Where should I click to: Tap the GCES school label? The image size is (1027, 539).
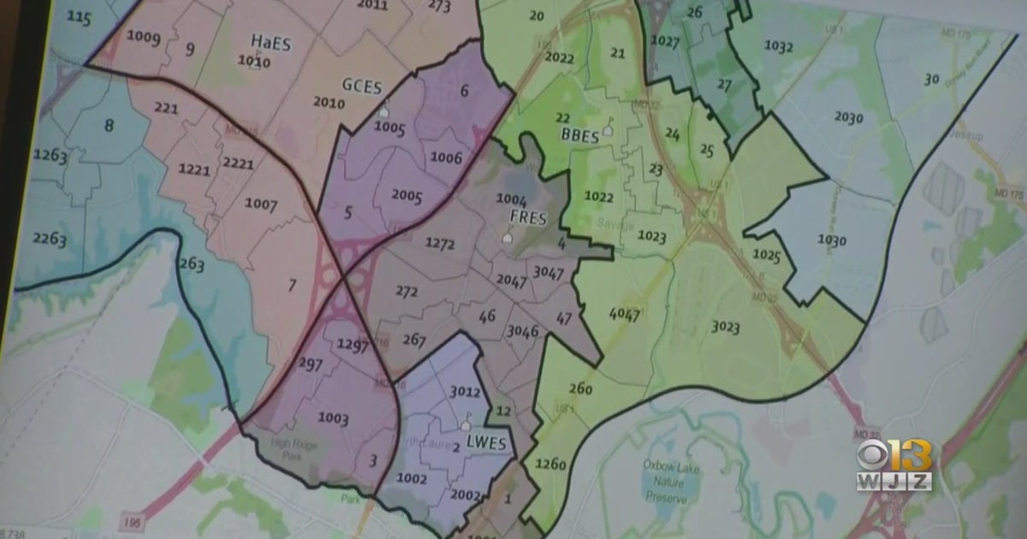362,86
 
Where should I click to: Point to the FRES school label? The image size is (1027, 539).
528,216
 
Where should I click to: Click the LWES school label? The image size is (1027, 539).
487,443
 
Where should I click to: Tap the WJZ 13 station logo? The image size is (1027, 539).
894,466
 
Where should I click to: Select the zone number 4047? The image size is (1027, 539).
624,314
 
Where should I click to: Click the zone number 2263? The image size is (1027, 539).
50,239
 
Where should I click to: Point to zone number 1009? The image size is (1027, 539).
143,36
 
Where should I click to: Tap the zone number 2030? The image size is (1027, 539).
848,117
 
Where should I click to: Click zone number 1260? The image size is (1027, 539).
550,465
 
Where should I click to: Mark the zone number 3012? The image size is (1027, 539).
465,392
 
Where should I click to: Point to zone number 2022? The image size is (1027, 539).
559,58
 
